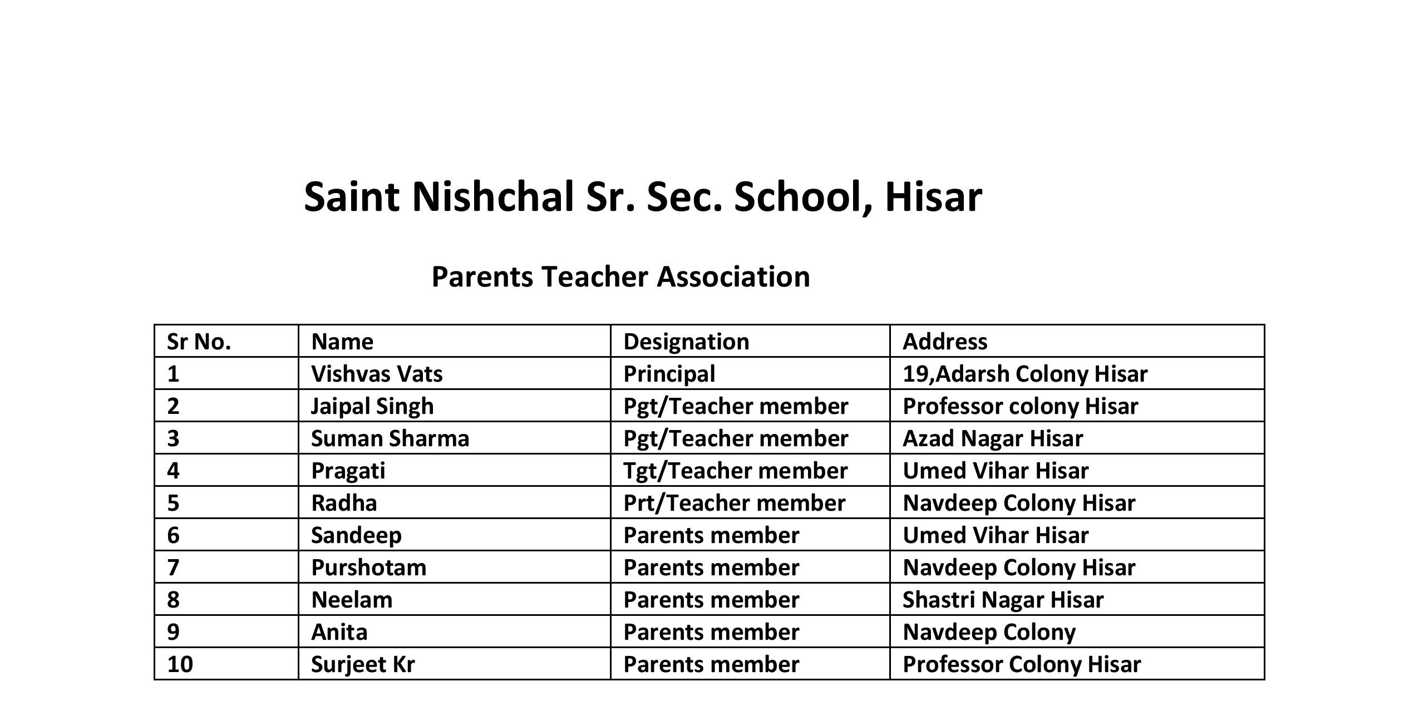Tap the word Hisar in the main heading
[x=933, y=197]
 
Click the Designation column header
[x=686, y=342]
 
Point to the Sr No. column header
[x=199, y=342]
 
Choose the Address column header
[x=945, y=342]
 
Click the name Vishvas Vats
[x=377, y=374]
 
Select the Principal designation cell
[x=669, y=374]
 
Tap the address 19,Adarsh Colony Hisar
[x=1025, y=374]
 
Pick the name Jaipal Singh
[x=372, y=406]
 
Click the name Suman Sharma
[x=390, y=438]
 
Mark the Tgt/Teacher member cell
[x=735, y=471]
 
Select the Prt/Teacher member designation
[x=734, y=503]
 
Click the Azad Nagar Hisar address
[x=993, y=438]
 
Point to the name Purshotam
[x=368, y=567]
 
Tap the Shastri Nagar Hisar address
[x=1003, y=600]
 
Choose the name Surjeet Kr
[x=363, y=664]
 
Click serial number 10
[x=180, y=664]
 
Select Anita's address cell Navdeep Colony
[x=989, y=632]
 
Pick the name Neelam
[x=352, y=600]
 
